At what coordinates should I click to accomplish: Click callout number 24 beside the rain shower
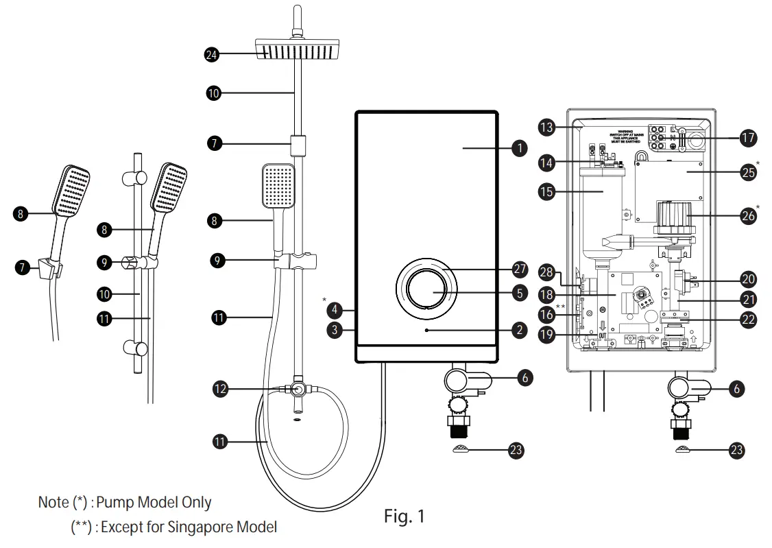(x=212, y=55)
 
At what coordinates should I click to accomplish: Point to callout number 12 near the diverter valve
(x=220, y=389)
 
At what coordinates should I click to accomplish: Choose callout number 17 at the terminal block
(x=748, y=137)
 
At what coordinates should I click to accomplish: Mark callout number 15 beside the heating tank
(x=546, y=191)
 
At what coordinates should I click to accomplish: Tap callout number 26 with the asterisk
(x=748, y=215)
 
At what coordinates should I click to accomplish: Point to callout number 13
(x=546, y=128)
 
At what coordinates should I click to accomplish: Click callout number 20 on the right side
(x=748, y=279)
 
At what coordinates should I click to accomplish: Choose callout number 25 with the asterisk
(x=748, y=173)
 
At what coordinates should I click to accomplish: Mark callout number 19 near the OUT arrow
(x=546, y=335)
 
